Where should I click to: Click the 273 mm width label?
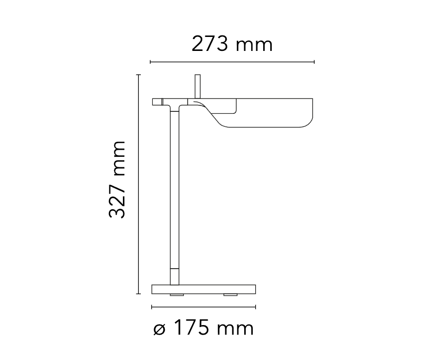tap(232, 44)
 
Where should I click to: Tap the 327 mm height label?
tap(117, 179)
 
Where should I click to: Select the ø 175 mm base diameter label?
tap(203, 328)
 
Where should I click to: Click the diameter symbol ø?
tap(159, 330)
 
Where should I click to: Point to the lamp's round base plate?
tap(203, 289)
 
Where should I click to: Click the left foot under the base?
tap(177, 295)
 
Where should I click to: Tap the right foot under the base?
tap(230, 295)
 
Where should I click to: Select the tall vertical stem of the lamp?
tap(174, 195)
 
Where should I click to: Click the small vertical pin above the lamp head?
tap(198, 86)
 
